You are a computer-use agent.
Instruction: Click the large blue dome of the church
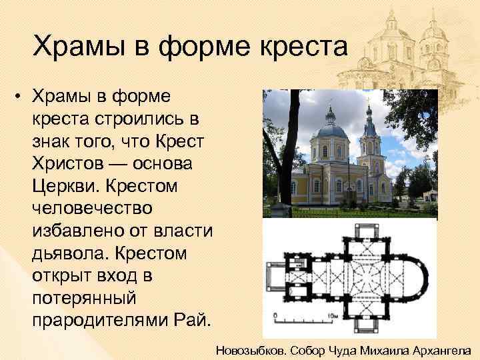point(330,129)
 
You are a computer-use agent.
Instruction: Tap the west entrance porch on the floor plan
point(275,275)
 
